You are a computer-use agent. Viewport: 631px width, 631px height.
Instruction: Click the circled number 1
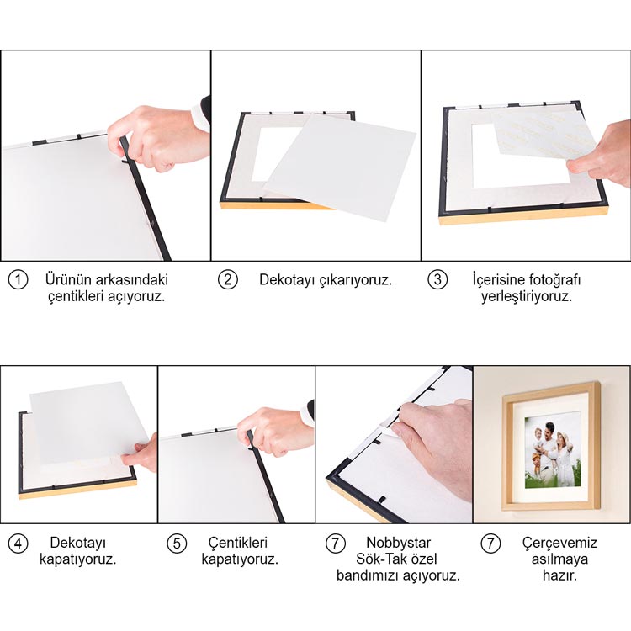click(x=19, y=279)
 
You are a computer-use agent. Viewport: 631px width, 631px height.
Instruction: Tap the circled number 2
click(x=228, y=279)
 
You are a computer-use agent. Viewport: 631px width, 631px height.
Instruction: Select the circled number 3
click(x=437, y=279)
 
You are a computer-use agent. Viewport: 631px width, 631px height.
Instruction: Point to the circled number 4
click(x=19, y=544)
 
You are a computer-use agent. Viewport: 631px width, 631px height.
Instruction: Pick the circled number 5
click(x=177, y=544)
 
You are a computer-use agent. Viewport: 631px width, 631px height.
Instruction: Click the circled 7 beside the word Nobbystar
click(x=335, y=544)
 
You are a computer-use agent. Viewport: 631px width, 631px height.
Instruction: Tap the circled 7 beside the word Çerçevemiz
click(x=490, y=544)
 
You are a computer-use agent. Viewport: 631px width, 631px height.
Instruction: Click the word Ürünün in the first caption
click(x=67, y=279)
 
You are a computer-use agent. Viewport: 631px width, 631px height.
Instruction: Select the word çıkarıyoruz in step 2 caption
click(x=355, y=280)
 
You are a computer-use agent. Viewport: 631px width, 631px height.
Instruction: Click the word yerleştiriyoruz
click(x=527, y=297)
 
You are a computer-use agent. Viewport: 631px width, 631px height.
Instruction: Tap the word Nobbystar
click(x=398, y=543)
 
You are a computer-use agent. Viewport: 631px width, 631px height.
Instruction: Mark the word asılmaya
click(x=559, y=559)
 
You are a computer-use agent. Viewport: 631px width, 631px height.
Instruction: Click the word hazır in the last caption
click(x=559, y=575)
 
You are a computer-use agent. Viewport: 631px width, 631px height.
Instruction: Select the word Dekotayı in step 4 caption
click(x=78, y=543)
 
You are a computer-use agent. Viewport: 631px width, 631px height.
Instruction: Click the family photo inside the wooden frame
click(x=553, y=453)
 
